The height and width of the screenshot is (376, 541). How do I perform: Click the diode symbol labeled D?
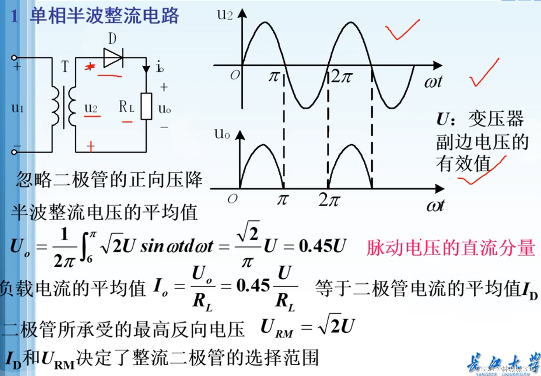coord(113,58)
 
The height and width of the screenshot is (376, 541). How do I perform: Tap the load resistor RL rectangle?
coord(146,106)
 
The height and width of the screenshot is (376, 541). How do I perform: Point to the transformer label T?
coord(65,67)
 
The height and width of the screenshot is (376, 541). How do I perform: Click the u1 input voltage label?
coord(18,108)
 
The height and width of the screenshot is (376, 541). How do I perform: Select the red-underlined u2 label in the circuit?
coord(91,108)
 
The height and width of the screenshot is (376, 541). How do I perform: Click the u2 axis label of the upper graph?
coord(225,15)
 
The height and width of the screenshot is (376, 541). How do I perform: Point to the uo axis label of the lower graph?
coord(222,134)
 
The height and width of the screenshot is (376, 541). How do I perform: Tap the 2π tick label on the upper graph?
coord(341,76)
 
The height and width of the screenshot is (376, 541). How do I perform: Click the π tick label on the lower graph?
coord(282,200)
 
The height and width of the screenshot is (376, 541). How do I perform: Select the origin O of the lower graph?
coord(232,199)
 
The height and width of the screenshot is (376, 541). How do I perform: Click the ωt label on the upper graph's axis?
coord(433,82)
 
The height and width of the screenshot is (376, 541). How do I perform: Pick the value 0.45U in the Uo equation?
coord(322,246)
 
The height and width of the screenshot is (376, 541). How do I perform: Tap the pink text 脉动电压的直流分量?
coord(450,248)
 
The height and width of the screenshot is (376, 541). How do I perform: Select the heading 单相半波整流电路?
coord(104,16)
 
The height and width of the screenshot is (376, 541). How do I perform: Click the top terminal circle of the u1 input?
coord(14,58)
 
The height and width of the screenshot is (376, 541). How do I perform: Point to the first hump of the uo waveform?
coord(263,165)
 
